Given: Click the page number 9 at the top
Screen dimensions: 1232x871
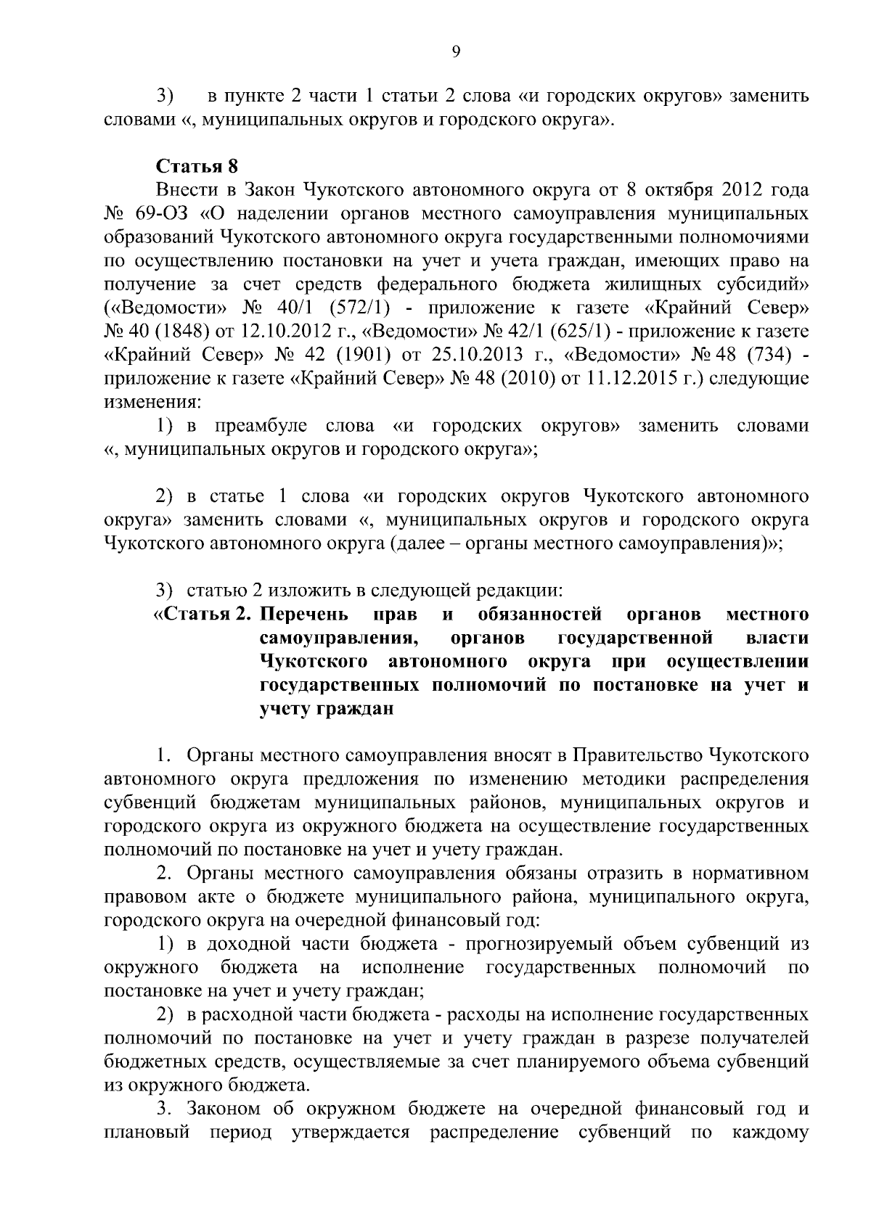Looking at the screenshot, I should coord(455,51).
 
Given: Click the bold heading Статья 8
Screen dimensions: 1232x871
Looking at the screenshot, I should coord(197,166).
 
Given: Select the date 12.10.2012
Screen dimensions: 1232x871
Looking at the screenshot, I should coord(280,332).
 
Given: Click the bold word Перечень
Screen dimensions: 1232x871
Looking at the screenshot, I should coord(304,615).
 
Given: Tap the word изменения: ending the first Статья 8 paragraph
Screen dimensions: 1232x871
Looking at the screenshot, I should coord(152,402).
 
